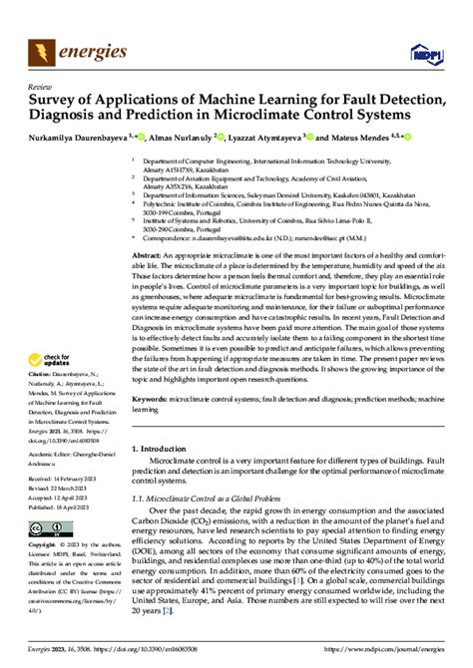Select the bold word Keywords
point(150,425)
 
